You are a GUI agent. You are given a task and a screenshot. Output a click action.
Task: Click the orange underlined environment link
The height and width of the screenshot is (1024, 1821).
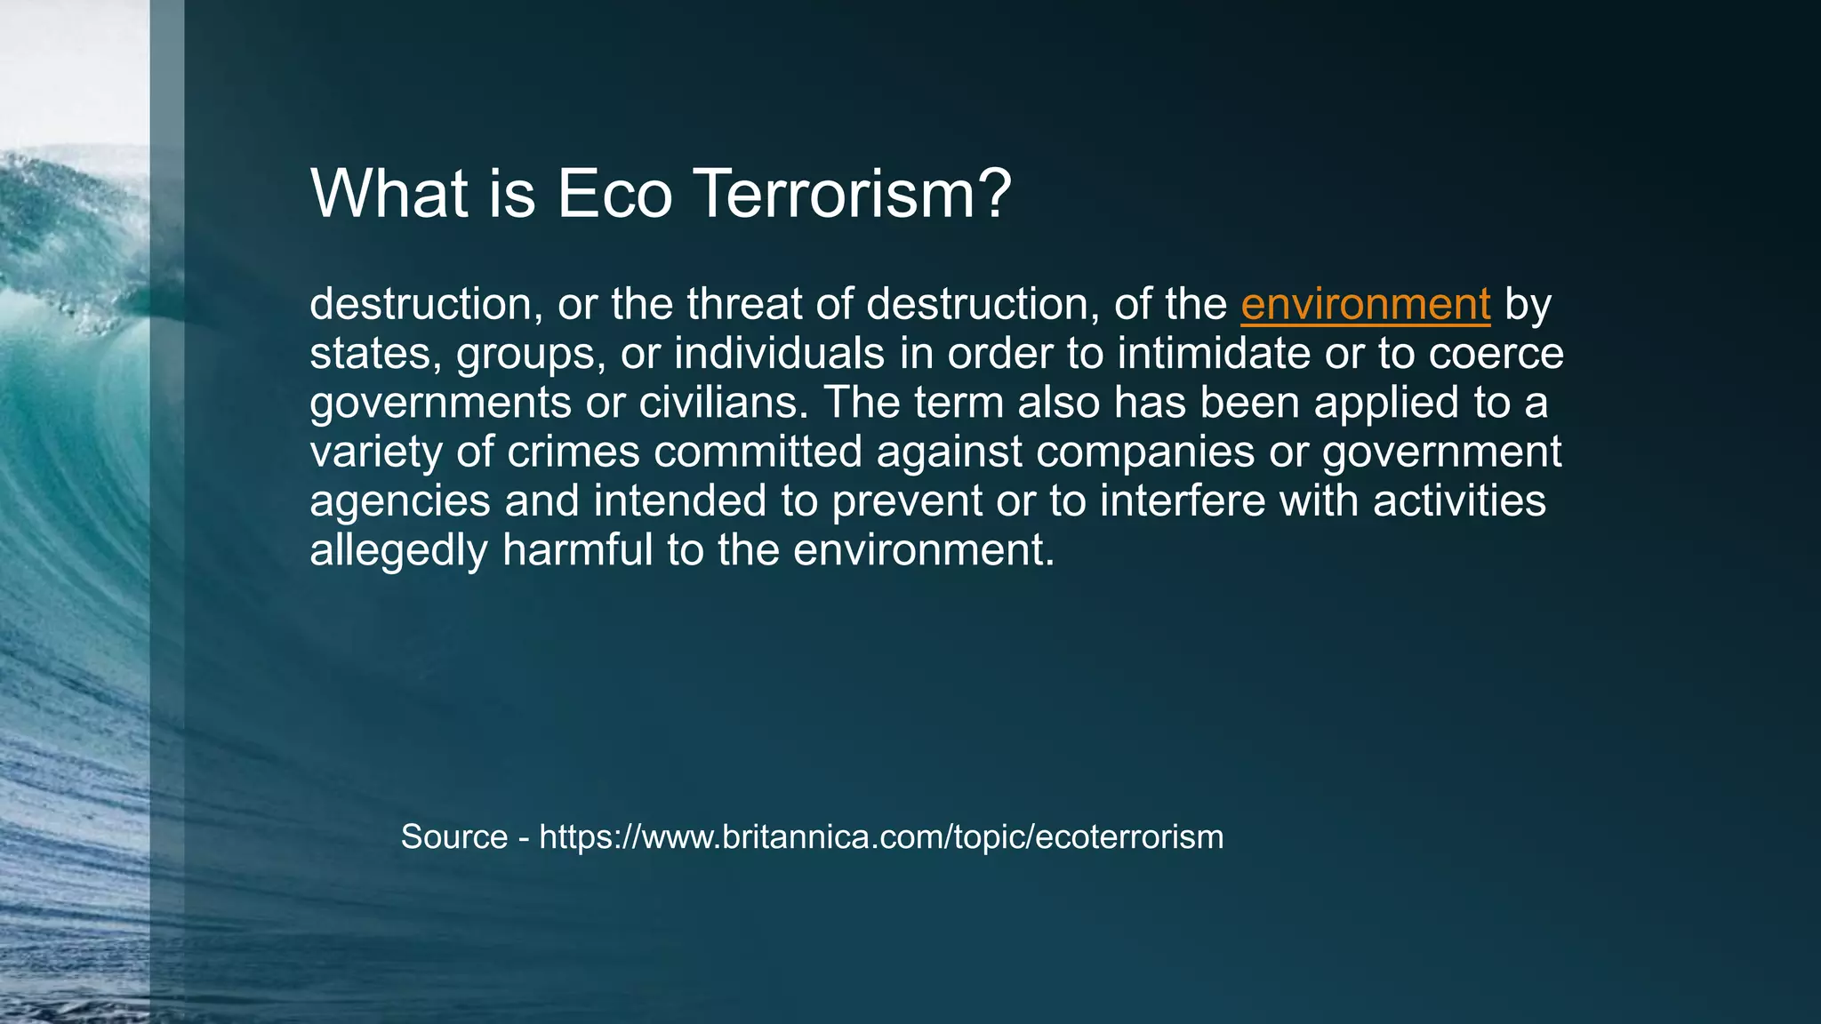point(1365,305)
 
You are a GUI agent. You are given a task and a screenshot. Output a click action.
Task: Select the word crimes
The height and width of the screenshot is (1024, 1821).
point(574,452)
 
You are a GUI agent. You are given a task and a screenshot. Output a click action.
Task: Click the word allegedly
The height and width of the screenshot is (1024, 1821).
point(398,551)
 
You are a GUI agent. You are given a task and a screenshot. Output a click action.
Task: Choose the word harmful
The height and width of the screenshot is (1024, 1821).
point(577,549)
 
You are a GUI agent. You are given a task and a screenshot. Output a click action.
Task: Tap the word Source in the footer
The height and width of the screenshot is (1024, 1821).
point(453,837)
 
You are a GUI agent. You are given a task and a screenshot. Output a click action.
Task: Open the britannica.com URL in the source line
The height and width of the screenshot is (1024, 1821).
point(881,837)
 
